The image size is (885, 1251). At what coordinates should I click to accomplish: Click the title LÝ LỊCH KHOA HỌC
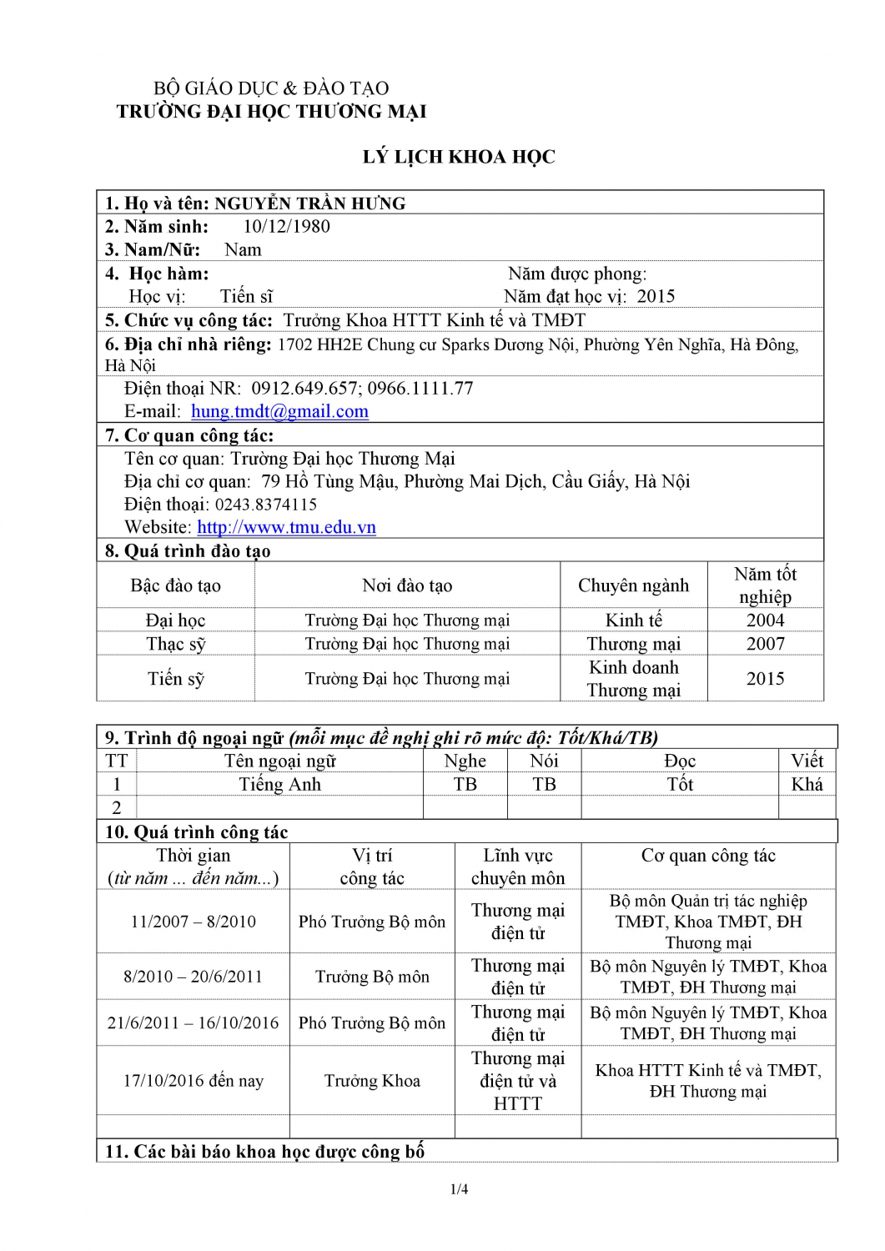coord(458,157)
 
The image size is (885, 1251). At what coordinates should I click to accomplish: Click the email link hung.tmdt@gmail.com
coord(279,411)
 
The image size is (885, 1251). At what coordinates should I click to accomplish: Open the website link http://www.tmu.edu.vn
coord(286,527)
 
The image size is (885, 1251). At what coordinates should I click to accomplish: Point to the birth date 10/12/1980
coord(286,227)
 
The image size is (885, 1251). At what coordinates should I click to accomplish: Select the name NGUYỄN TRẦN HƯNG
coord(309,203)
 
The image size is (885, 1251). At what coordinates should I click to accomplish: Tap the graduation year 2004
coord(765,620)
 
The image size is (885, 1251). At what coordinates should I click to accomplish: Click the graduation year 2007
coord(765,644)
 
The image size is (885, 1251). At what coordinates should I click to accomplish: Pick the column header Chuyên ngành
coord(633,585)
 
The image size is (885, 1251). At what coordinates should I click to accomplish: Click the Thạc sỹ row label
coord(175,644)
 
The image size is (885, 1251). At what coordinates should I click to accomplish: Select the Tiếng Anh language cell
coord(279,784)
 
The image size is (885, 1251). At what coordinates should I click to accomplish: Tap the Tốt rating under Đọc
coord(680,784)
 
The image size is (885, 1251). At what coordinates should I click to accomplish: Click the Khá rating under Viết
coord(807,784)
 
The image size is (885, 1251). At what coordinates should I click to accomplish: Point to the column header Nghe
coord(465,761)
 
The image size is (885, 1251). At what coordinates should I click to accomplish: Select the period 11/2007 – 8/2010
coord(193,922)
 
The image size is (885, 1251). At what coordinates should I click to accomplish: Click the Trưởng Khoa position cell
coord(372,1081)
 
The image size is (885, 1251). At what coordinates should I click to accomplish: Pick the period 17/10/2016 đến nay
coord(193,1081)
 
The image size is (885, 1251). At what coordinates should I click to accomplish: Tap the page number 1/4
coord(459,1189)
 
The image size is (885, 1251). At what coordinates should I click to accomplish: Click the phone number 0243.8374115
coord(265,505)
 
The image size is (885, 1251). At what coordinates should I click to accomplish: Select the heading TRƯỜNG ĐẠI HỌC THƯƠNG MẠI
coord(271,112)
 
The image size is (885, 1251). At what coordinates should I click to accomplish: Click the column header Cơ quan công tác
coord(708,856)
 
